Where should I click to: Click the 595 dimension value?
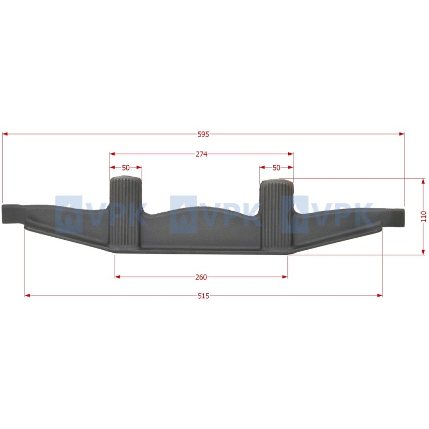(203, 134)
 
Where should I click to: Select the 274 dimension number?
(201, 154)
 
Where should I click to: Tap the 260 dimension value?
(201, 277)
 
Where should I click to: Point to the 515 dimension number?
(204, 296)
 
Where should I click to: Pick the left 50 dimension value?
(126, 168)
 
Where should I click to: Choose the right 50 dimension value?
(276, 168)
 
